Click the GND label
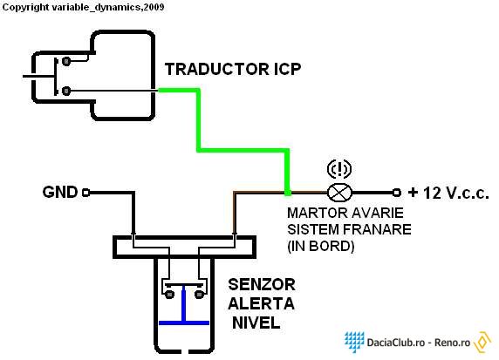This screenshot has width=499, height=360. click(x=60, y=192)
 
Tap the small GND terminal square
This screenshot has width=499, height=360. click(x=85, y=193)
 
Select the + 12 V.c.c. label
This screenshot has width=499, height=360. click(x=448, y=193)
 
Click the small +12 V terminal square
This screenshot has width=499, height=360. click(x=397, y=193)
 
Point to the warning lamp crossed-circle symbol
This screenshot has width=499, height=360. click(x=339, y=193)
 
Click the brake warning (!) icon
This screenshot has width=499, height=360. click(x=339, y=169)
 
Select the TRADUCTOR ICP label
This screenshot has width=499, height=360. click(x=233, y=69)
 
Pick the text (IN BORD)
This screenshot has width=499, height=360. click(x=320, y=246)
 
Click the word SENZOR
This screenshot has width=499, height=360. click(x=262, y=285)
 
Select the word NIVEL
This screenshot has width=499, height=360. click(x=256, y=323)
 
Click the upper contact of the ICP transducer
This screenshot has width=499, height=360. click(x=66, y=60)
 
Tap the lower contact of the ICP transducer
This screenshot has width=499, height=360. click(x=66, y=91)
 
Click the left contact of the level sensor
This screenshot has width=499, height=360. click(x=169, y=294)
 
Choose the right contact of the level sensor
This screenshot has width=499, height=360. click(x=199, y=294)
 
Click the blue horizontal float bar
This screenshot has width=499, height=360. click(x=184, y=323)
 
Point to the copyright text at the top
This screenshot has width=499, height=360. click(x=83, y=7)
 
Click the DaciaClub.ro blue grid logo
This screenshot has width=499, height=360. click(x=354, y=341)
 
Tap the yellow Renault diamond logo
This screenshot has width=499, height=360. click(x=482, y=342)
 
